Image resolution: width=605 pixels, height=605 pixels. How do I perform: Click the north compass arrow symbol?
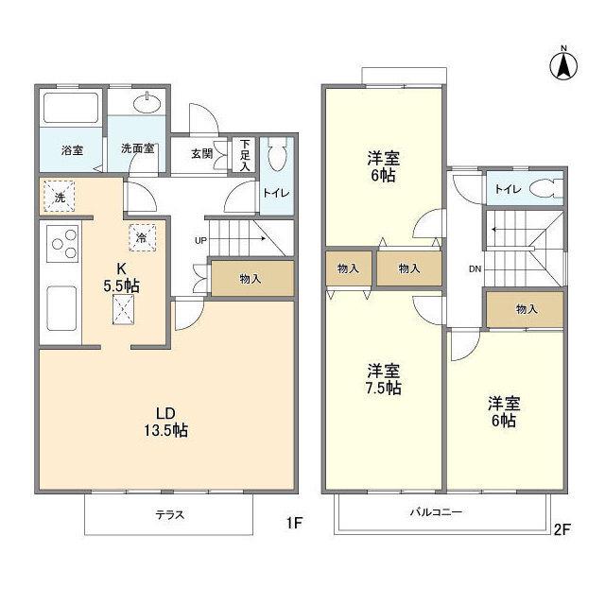point(563,64)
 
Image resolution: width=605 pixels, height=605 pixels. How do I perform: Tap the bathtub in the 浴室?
point(71,108)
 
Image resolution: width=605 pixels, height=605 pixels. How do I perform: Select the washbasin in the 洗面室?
point(147,103)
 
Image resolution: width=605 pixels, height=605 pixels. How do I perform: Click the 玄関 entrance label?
point(201,153)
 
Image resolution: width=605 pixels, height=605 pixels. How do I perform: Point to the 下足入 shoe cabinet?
point(245,155)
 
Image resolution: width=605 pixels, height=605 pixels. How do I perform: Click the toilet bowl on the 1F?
point(277,154)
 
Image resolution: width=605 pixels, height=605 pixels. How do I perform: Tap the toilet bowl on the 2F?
point(546,189)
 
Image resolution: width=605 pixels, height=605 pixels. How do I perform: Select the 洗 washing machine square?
point(59,197)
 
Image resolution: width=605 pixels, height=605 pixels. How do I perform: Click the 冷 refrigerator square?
point(142,237)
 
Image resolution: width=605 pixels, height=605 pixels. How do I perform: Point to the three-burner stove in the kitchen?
point(62,244)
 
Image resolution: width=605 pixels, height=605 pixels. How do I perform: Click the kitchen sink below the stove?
point(61,308)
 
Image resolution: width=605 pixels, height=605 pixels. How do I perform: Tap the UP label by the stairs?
point(200,241)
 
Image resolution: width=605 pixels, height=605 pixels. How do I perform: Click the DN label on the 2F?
point(475,268)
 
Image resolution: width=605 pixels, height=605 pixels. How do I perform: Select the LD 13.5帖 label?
point(166,422)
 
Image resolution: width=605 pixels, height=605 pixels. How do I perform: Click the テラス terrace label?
point(170,514)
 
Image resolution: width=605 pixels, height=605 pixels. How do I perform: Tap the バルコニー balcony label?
point(436,512)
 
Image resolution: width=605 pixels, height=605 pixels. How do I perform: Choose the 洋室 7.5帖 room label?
point(384,379)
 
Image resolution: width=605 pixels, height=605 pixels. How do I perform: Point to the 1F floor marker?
point(294,523)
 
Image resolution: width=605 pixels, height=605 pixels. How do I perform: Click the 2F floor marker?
point(562,529)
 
